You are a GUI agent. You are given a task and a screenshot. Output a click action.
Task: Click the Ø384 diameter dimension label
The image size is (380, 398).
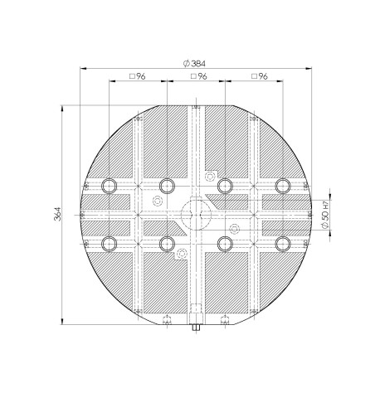click(x=194, y=64)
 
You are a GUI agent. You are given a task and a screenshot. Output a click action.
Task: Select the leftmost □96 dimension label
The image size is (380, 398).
click(x=137, y=77)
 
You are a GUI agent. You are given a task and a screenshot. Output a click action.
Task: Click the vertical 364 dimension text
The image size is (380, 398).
click(x=56, y=215)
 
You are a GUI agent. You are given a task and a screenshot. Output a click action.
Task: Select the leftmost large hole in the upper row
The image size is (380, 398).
click(x=109, y=185)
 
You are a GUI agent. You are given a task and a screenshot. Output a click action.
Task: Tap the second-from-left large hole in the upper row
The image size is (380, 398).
click(x=167, y=185)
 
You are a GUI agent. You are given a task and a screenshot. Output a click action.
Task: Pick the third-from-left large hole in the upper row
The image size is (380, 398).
click(x=224, y=185)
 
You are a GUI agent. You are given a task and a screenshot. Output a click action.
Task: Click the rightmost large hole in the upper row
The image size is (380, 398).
click(x=282, y=185)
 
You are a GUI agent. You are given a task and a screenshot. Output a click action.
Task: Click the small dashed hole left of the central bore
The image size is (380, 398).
click(x=158, y=201)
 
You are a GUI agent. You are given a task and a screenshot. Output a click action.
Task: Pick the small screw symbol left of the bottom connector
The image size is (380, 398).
click(x=167, y=319)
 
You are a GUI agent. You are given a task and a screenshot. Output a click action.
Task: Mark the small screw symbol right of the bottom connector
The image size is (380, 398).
click(x=224, y=319)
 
